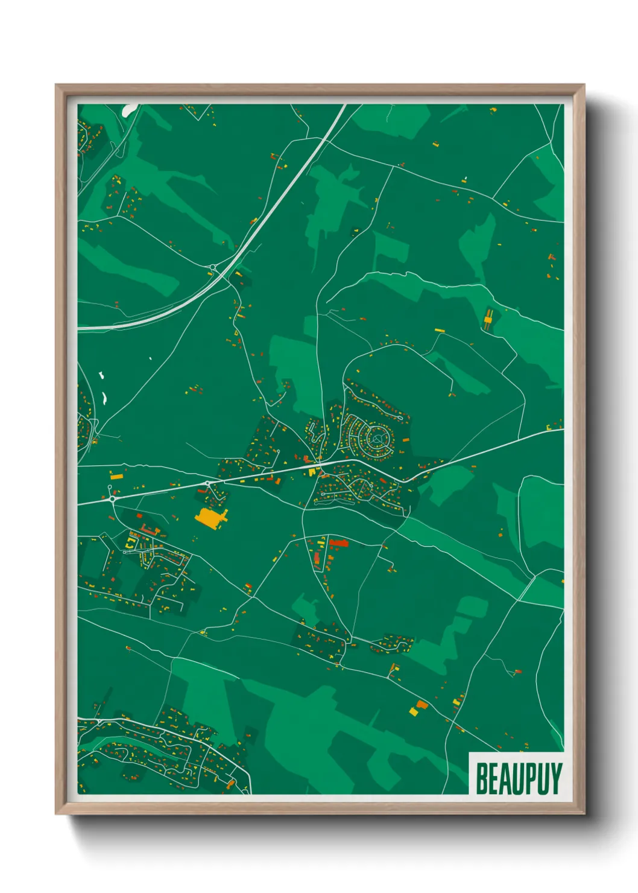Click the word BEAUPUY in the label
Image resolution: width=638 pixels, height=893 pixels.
[519, 778]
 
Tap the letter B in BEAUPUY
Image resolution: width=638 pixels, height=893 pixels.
[482, 778]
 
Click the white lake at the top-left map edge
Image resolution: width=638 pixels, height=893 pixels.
[129, 110]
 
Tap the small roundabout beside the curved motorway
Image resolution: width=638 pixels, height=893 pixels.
[212, 267]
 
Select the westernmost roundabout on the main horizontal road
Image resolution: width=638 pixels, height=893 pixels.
[112, 499]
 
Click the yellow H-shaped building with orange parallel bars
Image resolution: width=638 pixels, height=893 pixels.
[488, 319]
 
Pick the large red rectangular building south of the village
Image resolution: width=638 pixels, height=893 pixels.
[339, 543]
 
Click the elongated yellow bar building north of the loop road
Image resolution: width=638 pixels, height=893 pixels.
[439, 330]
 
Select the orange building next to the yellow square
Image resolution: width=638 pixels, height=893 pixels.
[422, 704]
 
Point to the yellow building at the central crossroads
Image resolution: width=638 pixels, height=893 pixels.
[313, 472]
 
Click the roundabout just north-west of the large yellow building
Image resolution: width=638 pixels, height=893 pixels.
[208, 483]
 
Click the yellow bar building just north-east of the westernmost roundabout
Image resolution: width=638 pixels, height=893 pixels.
[116, 476]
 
